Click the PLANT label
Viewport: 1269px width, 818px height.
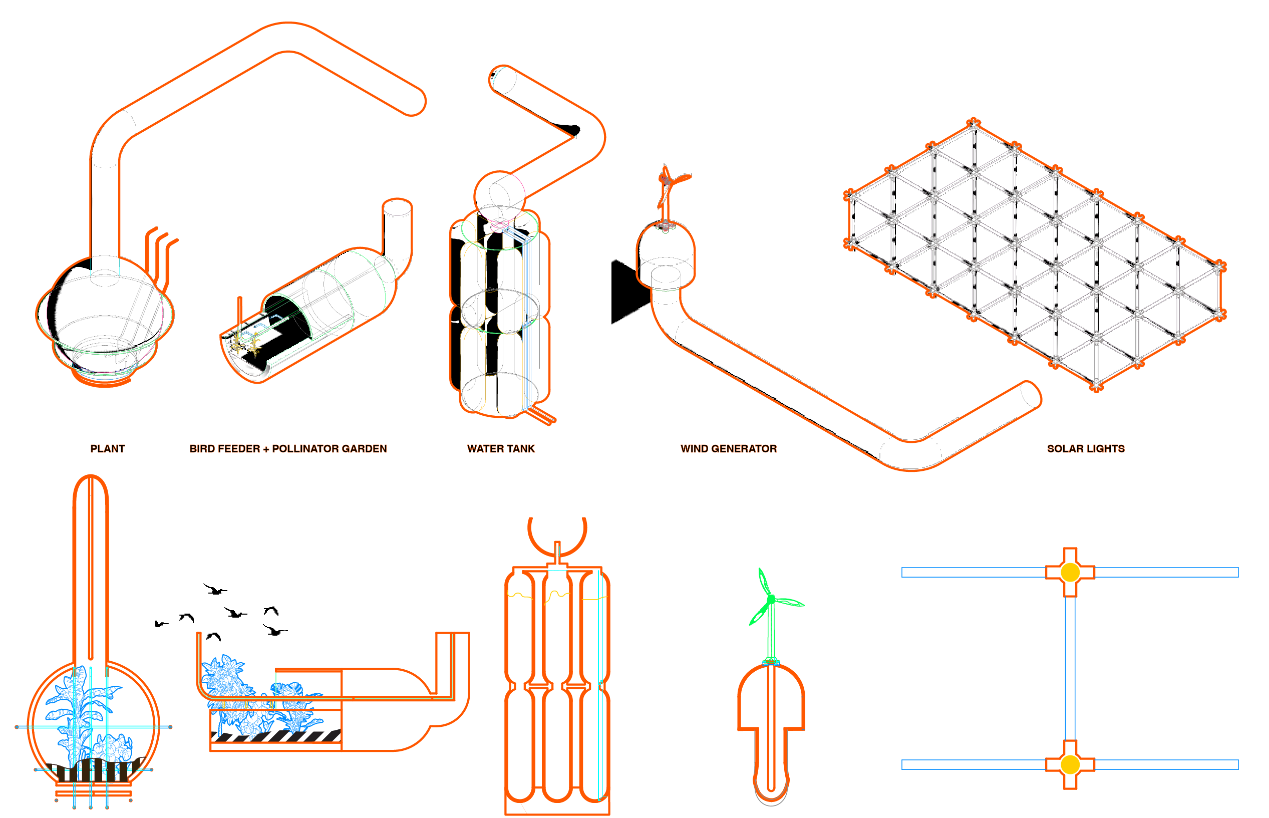(107, 449)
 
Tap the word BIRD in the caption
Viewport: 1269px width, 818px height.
(202, 449)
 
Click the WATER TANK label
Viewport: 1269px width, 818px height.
(501, 449)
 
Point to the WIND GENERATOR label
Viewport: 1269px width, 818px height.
(729, 449)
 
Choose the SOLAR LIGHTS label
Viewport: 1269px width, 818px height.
(1085, 449)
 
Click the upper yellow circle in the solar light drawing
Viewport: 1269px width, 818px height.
(1069, 572)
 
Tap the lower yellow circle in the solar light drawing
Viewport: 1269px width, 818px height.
(1069, 764)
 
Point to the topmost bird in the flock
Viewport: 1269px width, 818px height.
(214, 589)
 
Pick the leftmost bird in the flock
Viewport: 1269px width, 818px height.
(160, 624)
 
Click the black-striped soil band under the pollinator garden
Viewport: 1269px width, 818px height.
(276, 736)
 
